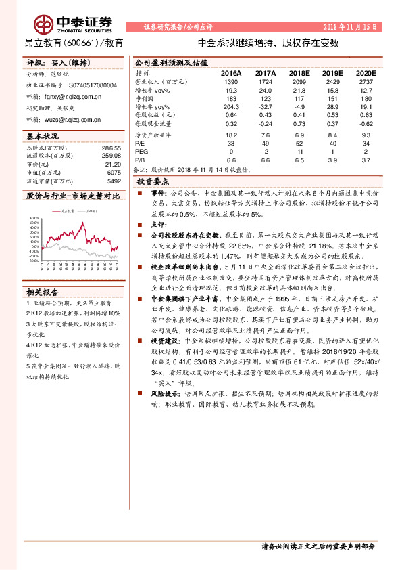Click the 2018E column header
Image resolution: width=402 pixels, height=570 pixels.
click(x=297, y=72)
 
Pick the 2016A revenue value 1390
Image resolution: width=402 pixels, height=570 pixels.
click(x=230, y=81)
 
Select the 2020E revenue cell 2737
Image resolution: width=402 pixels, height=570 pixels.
click(x=364, y=81)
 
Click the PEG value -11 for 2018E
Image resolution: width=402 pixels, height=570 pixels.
click(x=297, y=152)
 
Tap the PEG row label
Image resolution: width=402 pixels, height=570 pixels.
click(x=141, y=152)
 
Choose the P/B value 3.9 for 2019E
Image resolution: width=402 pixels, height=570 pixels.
click(x=331, y=160)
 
